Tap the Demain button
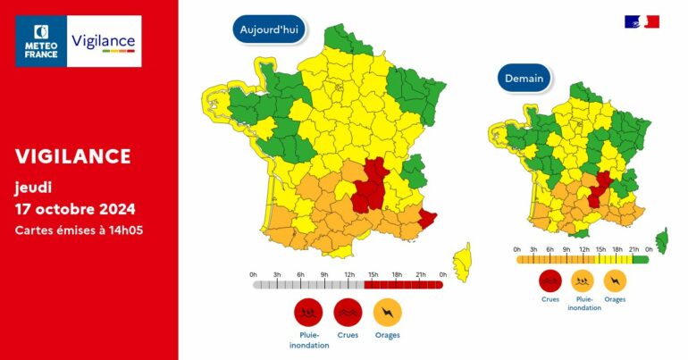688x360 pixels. click(524, 79)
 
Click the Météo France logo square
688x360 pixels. click(40, 40)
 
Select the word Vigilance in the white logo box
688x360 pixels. click(103, 41)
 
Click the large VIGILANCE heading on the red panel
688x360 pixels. click(73, 156)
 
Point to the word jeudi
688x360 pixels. click(34, 188)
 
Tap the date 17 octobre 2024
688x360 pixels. click(75, 210)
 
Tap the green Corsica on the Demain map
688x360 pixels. click(661, 239)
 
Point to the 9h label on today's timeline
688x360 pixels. click(323, 274)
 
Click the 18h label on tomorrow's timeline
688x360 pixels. click(617, 249)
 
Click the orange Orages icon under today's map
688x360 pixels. click(388, 312)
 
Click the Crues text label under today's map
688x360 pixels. click(348, 335)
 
